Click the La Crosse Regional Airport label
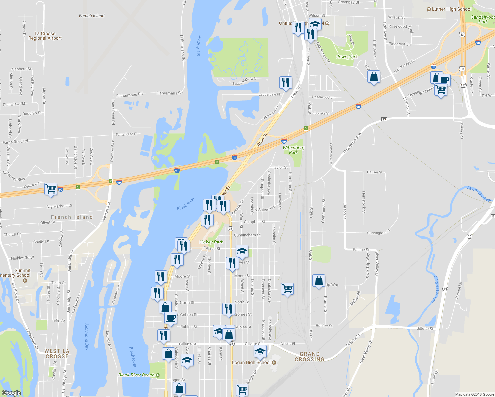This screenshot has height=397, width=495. click(x=45, y=36)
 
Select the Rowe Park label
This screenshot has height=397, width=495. click(x=347, y=57)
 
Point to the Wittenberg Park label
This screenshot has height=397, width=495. click(x=293, y=150)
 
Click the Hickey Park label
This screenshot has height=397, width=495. click(x=211, y=242)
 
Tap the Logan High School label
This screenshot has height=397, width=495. click(x=251, y=362)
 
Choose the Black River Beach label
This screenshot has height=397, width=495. click(x=136, y=375)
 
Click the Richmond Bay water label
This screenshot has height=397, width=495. click(x=87, y=337)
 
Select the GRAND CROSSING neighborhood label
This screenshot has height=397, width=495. click(x=309, y=357)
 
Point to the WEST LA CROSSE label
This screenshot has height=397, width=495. click(x=57, y=354)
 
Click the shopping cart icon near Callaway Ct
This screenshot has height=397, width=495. click(x=51, y=189)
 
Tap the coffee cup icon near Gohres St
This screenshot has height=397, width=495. click(x=171, y=318)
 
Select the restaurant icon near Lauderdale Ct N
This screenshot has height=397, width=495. click(x=286, y=82)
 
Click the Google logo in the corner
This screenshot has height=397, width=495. click(x=11, y=393)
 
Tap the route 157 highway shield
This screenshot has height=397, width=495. click(x=463, y=85)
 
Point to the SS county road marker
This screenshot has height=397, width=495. click(x=384, y=119)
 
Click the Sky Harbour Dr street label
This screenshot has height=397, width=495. click(x=59, y=206)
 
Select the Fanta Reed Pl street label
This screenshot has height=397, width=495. click(x=126, y=134)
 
